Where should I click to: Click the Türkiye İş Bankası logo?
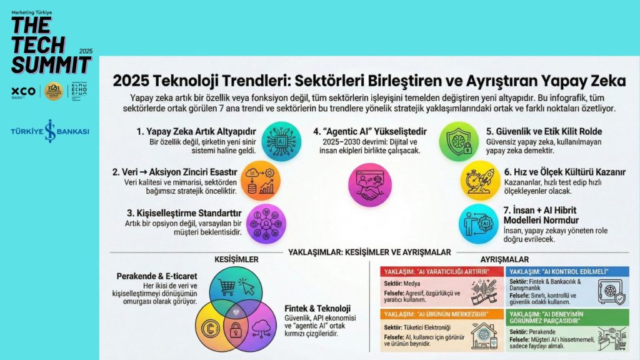(x=49, y=132)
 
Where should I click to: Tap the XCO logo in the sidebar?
(x=23, y=91)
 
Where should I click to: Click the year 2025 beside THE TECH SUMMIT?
(x=86, y=50)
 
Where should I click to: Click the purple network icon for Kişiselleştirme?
(x=266, y=224)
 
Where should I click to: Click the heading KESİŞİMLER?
(x=221, y=260)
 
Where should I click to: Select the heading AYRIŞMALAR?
(x=504, y=259)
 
